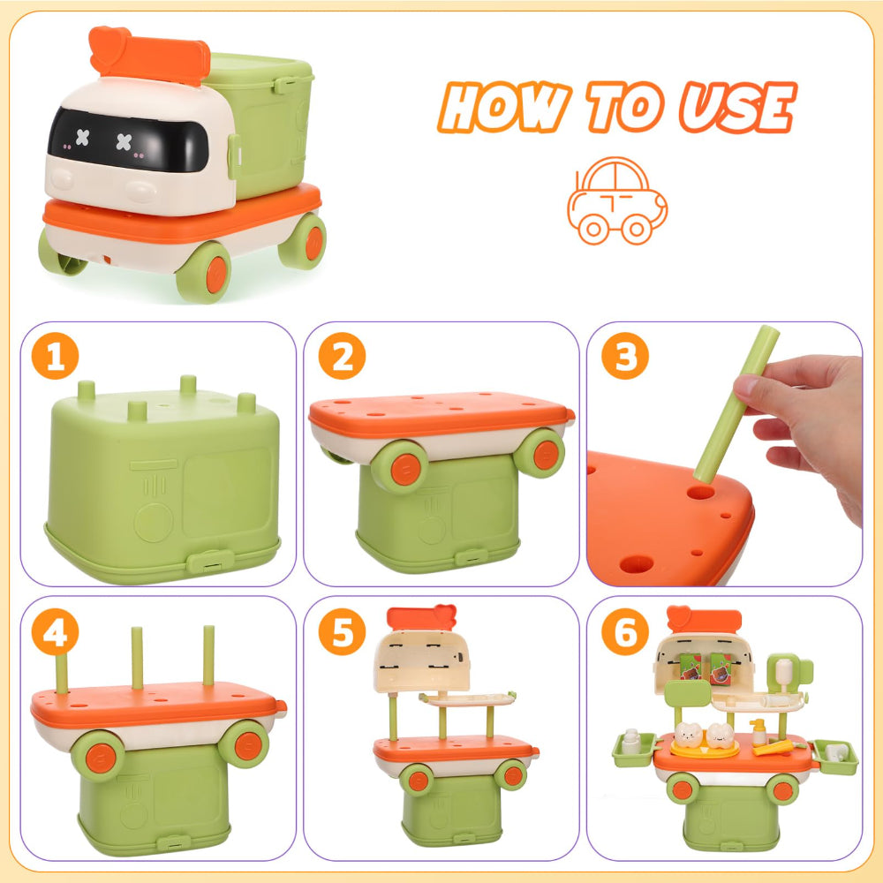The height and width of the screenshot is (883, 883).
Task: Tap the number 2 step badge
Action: pos(342,358)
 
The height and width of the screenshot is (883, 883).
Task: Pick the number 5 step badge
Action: pos(342,633)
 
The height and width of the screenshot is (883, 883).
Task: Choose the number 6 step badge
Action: pos(625,633)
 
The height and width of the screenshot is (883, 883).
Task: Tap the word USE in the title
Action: pos(736,108)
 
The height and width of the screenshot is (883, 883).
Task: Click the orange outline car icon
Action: pos(616,201)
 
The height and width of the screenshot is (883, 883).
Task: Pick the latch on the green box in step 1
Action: pos(204,562)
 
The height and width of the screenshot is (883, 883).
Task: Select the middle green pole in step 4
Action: pos(137,658)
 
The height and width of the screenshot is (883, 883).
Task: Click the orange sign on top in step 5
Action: pos(420,618)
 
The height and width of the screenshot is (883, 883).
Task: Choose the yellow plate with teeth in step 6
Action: pos(704,747)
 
